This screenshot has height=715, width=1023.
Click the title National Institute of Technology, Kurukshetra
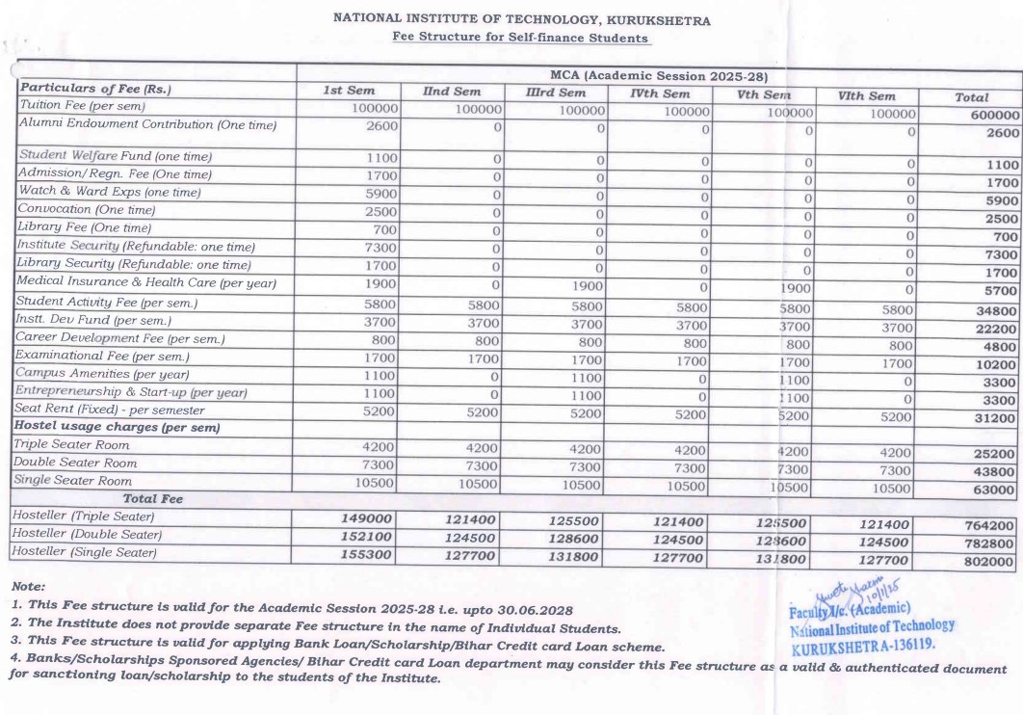coord(521,19)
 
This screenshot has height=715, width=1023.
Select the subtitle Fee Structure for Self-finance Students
coord(521,37)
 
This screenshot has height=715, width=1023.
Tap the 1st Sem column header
coord(349,92)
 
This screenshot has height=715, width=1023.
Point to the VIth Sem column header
coord(867,95)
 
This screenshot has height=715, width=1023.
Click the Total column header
coord(971,97)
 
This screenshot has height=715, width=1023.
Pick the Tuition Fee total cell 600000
coord(987,114)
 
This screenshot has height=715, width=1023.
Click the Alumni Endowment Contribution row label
coord(147,125)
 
